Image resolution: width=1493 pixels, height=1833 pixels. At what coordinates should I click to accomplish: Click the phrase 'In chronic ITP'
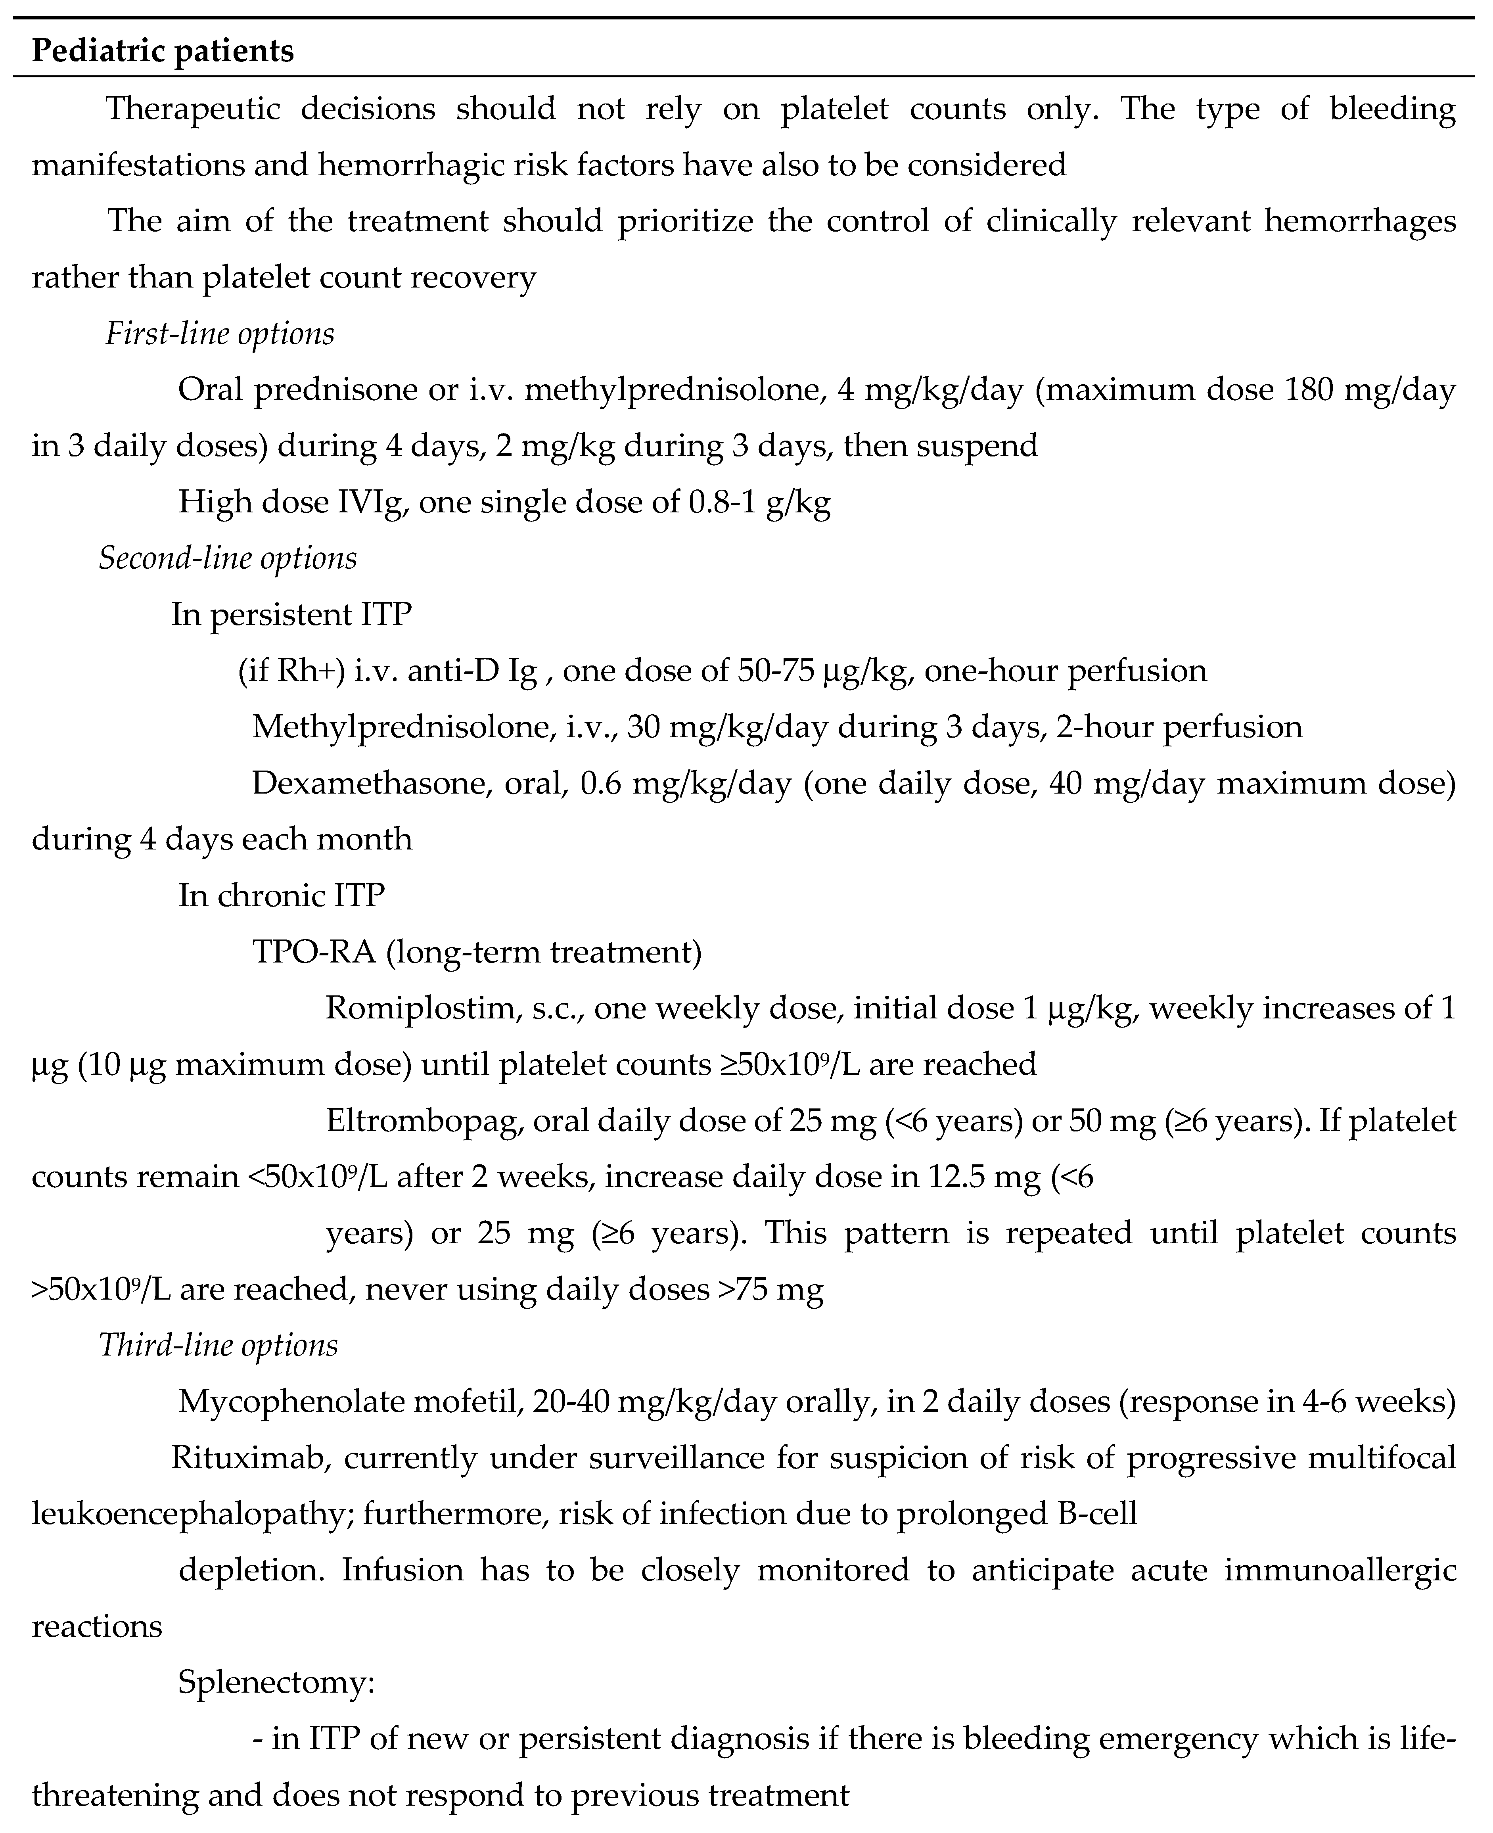(281, 895)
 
